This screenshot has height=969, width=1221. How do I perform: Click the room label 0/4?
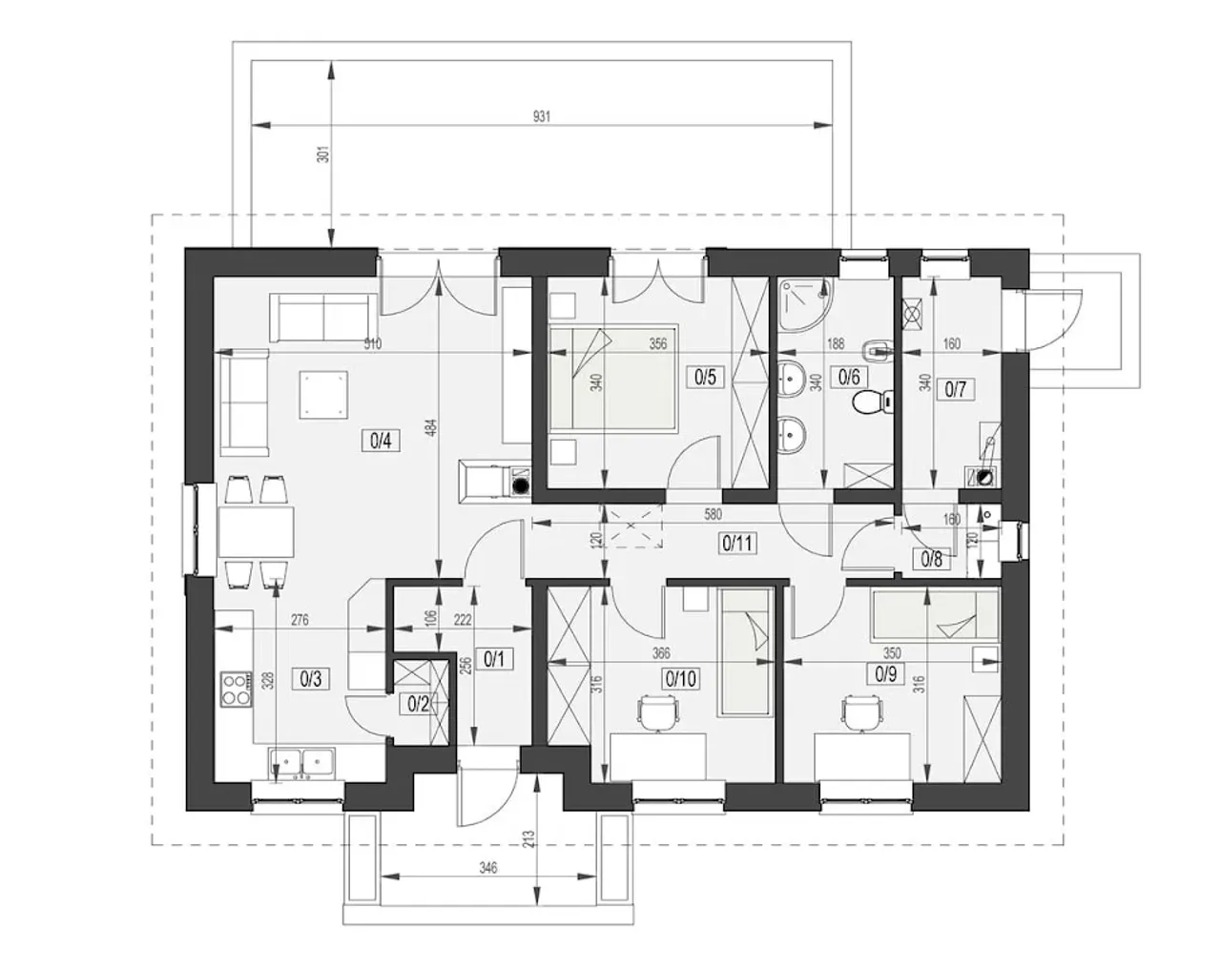[x=381, y=441]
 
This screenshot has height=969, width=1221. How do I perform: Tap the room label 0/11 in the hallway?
[x=737, y=544]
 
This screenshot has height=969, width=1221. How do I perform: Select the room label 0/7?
[x=956, y=389]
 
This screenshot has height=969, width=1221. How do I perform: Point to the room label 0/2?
[x=418, y=704]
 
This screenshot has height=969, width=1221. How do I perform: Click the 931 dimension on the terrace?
[x=542, y=117]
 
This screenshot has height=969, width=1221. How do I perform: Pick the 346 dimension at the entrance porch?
[x=488, y=868]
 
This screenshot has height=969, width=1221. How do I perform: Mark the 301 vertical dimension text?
[x=322, y=155]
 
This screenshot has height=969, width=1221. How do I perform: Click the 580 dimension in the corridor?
[x=713, y=515]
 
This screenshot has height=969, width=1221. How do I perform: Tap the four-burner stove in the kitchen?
[x=237, y=689]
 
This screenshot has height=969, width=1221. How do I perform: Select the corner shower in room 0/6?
[x=805, y=303]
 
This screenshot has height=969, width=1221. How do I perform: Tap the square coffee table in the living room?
[x=323, y=395]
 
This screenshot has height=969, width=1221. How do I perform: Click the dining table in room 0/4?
[x=256, y=531]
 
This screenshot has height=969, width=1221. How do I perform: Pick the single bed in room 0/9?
[x=935, y=615]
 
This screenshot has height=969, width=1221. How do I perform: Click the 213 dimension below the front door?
[x=529, y=839]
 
